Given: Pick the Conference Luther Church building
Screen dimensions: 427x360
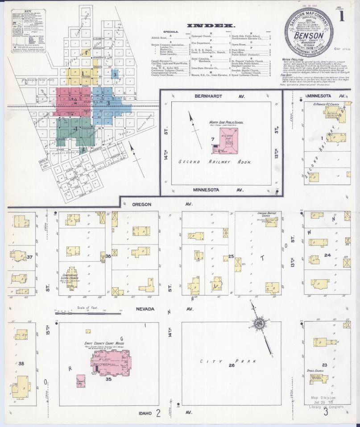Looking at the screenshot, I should [x=72, y=278].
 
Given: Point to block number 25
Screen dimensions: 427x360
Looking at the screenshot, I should [x=231, y=256].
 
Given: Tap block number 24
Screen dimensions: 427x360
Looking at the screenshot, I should [x=327, y=255].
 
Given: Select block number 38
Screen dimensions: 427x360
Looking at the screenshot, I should [x=21, y=364].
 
